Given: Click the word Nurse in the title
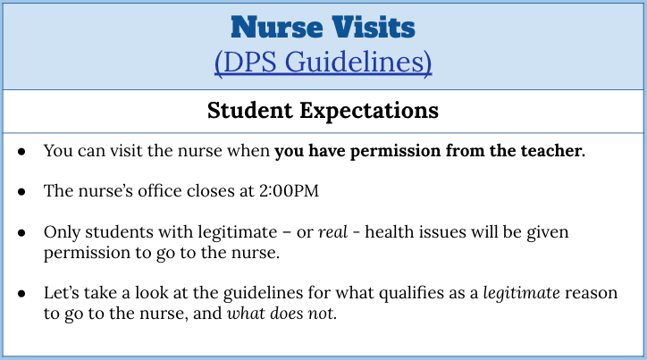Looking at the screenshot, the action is tap(276, 28).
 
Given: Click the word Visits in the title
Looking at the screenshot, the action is tap(374, 28).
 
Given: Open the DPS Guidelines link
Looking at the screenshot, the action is tap(323, 63).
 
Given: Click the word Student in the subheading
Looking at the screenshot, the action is tap(250, 111).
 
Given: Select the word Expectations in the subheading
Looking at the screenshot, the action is tap(369, 112).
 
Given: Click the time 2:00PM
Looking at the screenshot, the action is tap(289, 191).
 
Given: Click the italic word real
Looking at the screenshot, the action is tap(332, 232).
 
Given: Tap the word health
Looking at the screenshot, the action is tap(390, 231).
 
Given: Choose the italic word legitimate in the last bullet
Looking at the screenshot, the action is tap(522, 293).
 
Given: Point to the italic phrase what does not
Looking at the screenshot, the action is tap(281, 314).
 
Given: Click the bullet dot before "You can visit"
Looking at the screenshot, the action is tap(21, 152).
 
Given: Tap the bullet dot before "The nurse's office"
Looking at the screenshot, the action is tap(21, 192).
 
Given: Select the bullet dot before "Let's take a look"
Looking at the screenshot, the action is tap(21, 294).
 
